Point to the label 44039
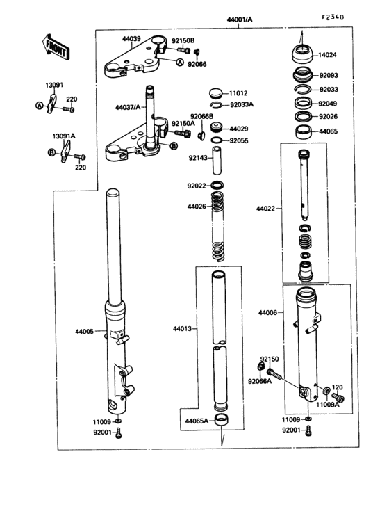coord(131,39)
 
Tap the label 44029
coord(238,129)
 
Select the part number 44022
coord(266,208)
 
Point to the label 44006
coord(267,314)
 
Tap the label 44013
coord(183,328)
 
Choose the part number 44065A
coord(197,421)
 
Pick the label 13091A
coord(64,136)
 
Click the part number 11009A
coord(329,404)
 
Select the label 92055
coord(238,140)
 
